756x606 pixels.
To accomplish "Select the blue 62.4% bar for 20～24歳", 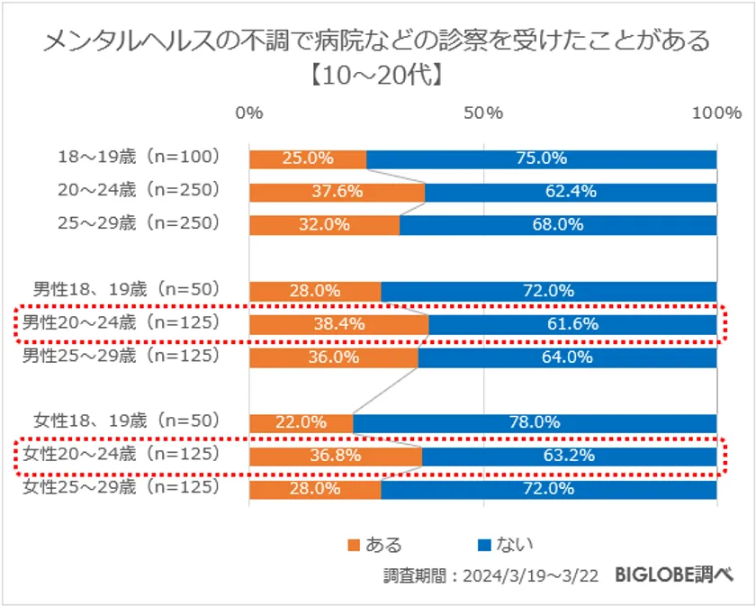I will pyautogui.click(x=571, y=192).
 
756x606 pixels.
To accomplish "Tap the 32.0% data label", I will pyautogui.click(x=324, y=225).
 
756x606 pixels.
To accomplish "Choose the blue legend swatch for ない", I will pyautogui.click(x=483, y=544).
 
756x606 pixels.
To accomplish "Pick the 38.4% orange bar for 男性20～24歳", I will pyautogui.click(x=338, y=323).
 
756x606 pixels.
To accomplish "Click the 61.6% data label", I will pyautogui.click(x=572, y=323).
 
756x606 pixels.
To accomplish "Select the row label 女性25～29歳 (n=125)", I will pyautogui.click(x=121, y=488).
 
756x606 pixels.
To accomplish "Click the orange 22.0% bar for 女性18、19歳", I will pyautogui.click(x=301, y=422).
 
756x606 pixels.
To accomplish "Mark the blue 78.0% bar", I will pyautogui.click(x=535, y=422).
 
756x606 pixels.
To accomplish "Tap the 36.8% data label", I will pyautogui.click(x=335, y=456).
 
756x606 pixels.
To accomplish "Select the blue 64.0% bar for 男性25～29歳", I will pyautogui.click(x=567, y=357).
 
